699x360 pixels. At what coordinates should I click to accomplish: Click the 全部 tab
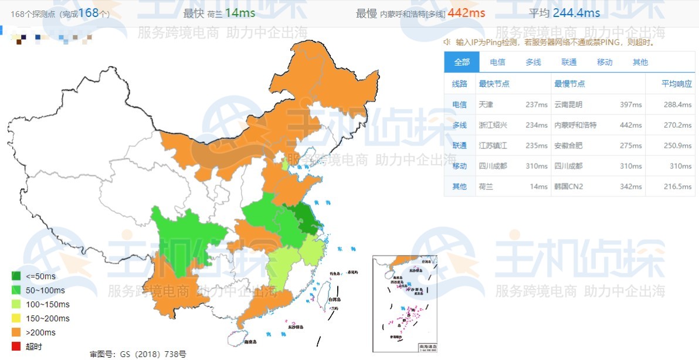pyautogui.click(x=462, y=62)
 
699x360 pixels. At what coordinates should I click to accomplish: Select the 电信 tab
pyautogui.click(x=497, y=62)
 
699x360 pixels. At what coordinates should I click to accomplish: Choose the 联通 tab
pyautogui.click(x=568, y=62)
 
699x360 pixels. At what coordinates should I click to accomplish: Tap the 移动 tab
pyautogui.click(x=604, y=62)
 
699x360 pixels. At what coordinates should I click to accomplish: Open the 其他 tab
pyautogui.click(x=640, y=62)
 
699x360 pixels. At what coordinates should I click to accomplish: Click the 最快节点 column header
pyautogui.click(x=494, y=84)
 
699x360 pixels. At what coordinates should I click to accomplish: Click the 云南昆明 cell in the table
pyautogui.click(x=568, y=104)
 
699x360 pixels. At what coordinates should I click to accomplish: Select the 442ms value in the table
pyautogui.click(x=631, y=125)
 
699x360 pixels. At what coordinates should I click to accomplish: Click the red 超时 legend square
pyautogui.click(x=16, y=347)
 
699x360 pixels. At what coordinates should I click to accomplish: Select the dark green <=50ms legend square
pyautogui.click(x=16, y=276)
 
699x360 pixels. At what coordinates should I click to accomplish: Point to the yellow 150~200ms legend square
pyautogui.click(x=16, y=318)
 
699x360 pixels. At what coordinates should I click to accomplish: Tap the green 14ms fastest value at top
pyautogui.click(x=240, y=13)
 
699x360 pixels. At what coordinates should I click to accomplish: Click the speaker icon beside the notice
pyautogui.click(x=447, y=42)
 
